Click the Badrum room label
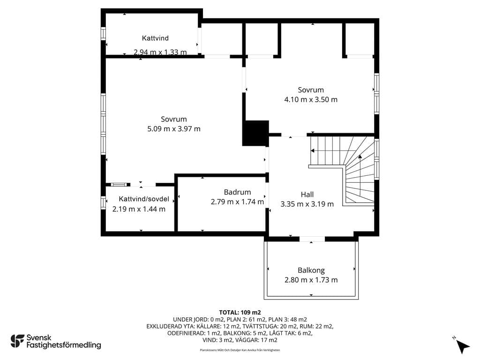[x=237, y=192]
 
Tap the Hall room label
[x=307, y=195]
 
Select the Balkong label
[x=311, y=270]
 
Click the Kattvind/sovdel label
[x=144, y=199]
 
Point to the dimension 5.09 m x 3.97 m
[x=174, y=129]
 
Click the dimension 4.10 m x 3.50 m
[x=311, y=99]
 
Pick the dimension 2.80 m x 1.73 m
[x=311, y=280]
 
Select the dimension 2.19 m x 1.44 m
[x=139, y=209]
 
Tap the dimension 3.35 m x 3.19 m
[x=307, y=204]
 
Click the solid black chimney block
[x=255, y=133]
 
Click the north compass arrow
[x=463, y=346]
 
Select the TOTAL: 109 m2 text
[x=240, y=313]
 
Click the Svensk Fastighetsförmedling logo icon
[x=17, y=341]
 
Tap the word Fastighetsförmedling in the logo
[x=64, y=345]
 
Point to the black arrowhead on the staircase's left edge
[x=313, y=150]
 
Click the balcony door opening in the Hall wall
[x=312, y=239]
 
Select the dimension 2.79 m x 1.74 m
[x=237, y=202]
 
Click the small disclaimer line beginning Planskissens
[x=240, y=350]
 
